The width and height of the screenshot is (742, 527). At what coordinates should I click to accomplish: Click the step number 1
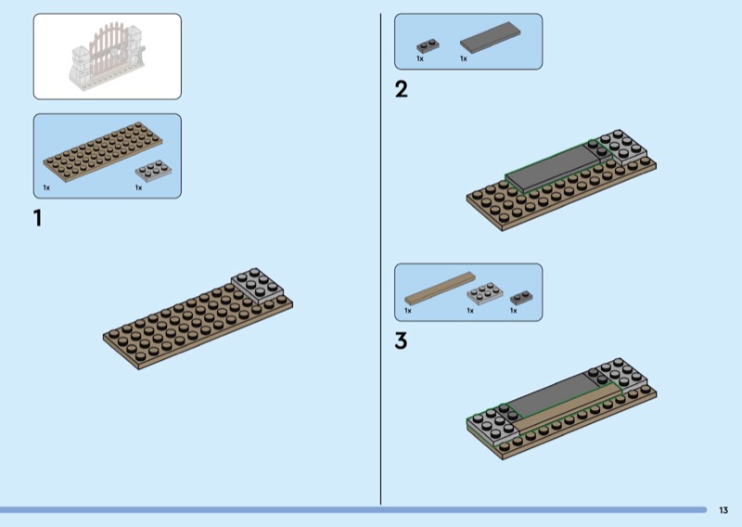pos(37,218)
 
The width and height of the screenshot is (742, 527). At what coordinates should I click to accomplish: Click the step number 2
pos(402,89)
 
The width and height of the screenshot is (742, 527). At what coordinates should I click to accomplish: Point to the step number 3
pos(401,341)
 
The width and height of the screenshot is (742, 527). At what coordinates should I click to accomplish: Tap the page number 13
pos(723,510)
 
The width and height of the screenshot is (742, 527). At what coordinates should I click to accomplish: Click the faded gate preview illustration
pos(108,57)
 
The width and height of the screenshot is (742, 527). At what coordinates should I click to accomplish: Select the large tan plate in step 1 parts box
pos(103,151)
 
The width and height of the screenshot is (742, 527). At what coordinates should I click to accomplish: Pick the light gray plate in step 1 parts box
pos(153,171)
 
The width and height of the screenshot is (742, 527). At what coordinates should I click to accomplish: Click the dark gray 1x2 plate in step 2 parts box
pos(428,45)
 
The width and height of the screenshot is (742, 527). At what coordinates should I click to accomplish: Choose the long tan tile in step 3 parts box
pos(440,288)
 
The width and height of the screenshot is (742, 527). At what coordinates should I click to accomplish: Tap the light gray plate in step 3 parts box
pos(484,293)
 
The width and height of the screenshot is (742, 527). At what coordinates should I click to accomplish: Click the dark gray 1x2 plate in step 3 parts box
pos(521,298)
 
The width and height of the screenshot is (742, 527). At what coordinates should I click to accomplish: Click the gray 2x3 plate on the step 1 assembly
pos(258,286)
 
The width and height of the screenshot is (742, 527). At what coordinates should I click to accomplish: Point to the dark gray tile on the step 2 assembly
pos(552,168)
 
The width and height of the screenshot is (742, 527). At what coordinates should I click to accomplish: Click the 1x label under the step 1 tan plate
pos(46,188)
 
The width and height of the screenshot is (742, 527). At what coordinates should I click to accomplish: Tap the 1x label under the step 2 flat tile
pos(463,58)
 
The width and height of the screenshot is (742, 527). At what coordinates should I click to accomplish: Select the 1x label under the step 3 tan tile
pos(408,311)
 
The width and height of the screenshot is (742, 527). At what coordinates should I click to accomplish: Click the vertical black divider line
pos(380,259)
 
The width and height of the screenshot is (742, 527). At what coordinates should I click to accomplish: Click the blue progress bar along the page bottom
pos(353,510)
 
